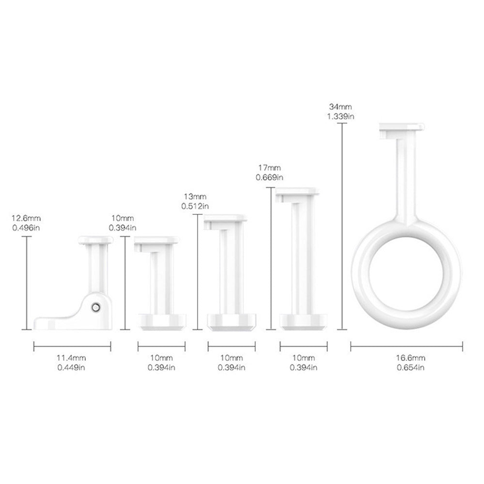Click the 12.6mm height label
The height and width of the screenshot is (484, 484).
coord(26,218)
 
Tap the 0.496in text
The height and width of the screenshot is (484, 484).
coord(26,228)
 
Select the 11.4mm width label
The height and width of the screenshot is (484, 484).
coord(71,358)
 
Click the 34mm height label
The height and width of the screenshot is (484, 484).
coord(340,107)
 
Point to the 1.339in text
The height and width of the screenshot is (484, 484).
coord(341,116)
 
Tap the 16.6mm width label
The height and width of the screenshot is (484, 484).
coord(411,358)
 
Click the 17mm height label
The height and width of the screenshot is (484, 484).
coord(270,168)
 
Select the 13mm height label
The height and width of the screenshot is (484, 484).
coord(195,197)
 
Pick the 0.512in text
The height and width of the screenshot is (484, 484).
coord(195,206)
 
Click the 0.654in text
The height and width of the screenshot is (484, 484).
coord(411,368)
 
